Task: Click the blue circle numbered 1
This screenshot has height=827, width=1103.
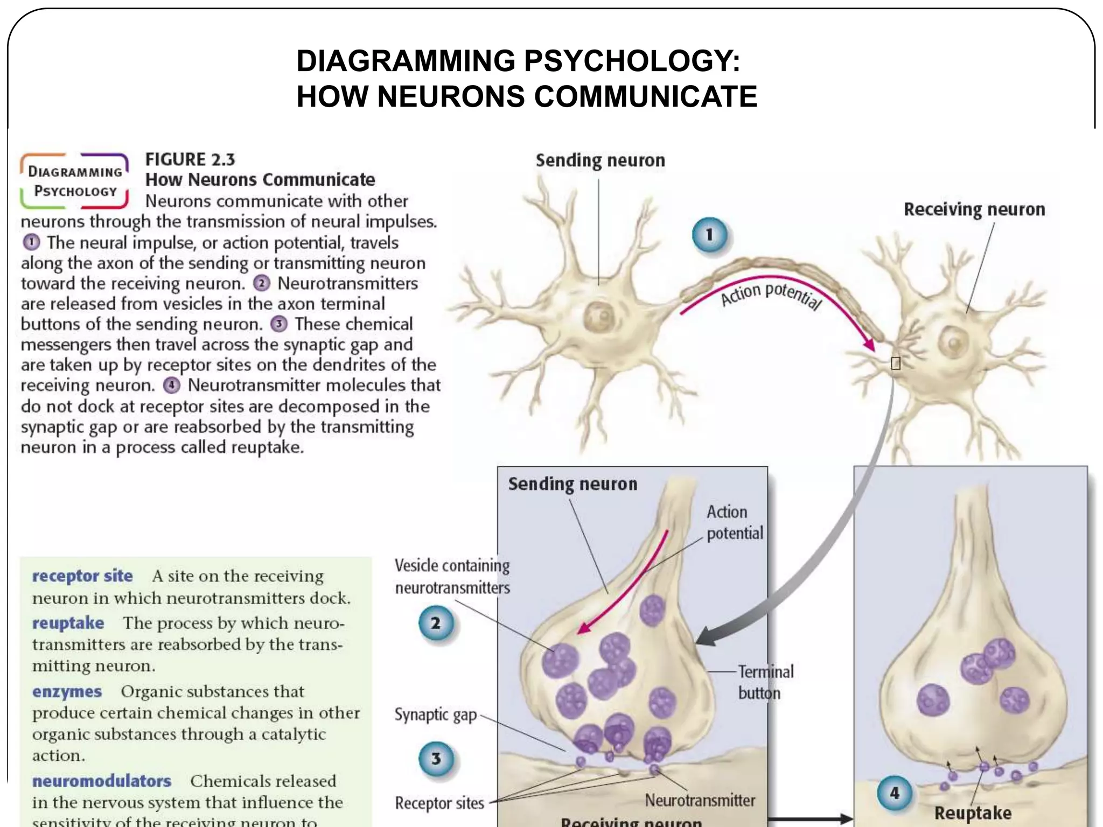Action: coord(709,235)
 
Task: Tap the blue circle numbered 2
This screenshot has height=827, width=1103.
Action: coord(436,623)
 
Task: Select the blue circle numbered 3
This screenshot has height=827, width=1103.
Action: coord(436,759)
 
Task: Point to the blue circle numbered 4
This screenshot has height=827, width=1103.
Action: coord(894,793)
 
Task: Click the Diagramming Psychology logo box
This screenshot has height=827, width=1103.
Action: coord(75,181)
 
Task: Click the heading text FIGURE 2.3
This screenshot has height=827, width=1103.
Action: coord(190,159)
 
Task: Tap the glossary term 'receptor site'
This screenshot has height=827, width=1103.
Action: coord(82,576)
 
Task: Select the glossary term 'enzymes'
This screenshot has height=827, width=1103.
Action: coord(67,691)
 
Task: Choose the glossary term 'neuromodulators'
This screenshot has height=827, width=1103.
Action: coord(102,781)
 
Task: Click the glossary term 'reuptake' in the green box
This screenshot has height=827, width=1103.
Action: coord(68,623)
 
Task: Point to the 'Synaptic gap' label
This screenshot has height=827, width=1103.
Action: coord(436,715)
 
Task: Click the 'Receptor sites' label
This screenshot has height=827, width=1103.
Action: coord(439,803)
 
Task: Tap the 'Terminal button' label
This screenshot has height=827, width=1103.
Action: coord(765,682)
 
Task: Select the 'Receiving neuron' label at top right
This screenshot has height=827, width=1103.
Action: coord(974,209)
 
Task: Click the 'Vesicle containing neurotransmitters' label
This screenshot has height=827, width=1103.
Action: coord(452,577)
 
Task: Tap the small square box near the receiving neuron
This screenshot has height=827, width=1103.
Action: coord(896,364)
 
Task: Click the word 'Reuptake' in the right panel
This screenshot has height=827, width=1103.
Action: coord(973,812)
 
